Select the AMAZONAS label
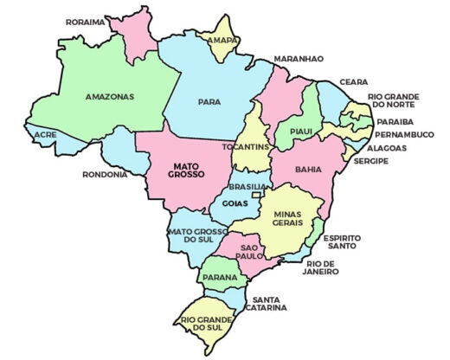[x=110, y=96]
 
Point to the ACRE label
[x=45, y=135]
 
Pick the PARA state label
[x=209, y=101]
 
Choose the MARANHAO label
[x=299, y=58]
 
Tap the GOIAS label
[x=235, y=203]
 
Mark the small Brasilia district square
[x=256, y=195]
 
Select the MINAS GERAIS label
[x=286, y=217]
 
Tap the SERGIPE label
[x=370, y=161]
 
